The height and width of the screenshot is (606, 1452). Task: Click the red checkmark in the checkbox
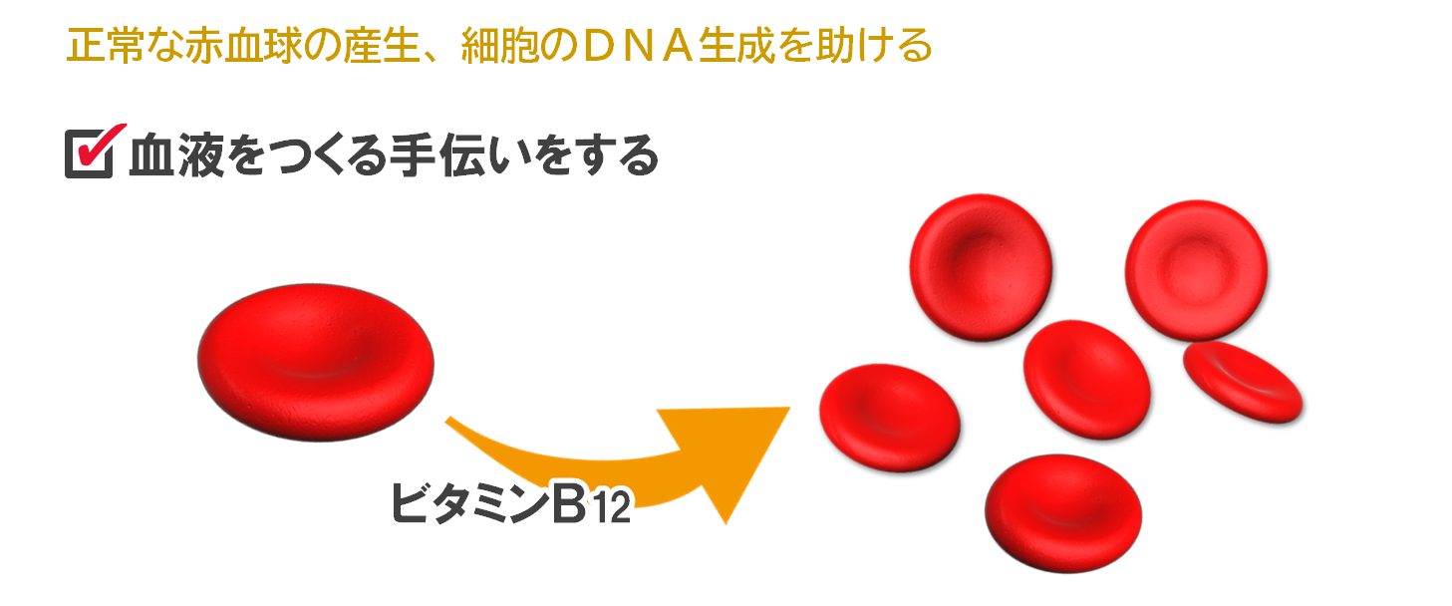pos(99,146)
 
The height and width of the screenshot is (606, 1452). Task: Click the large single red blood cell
pos(316,362)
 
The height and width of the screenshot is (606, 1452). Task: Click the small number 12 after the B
pos(612,508)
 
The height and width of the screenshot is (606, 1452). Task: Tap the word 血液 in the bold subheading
pos(176,155)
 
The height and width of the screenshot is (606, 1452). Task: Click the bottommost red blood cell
pos(1063,513)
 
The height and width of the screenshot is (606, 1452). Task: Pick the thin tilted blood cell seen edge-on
pos(1243,382)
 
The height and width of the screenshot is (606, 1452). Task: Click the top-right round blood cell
pos(1196,270)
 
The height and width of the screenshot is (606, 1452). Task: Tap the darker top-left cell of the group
pos(981,267)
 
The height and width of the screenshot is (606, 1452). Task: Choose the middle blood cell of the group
pos(1087,379)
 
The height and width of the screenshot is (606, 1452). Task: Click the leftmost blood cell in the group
pos(889,418)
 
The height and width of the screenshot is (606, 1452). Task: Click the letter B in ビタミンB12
pos(569,503)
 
